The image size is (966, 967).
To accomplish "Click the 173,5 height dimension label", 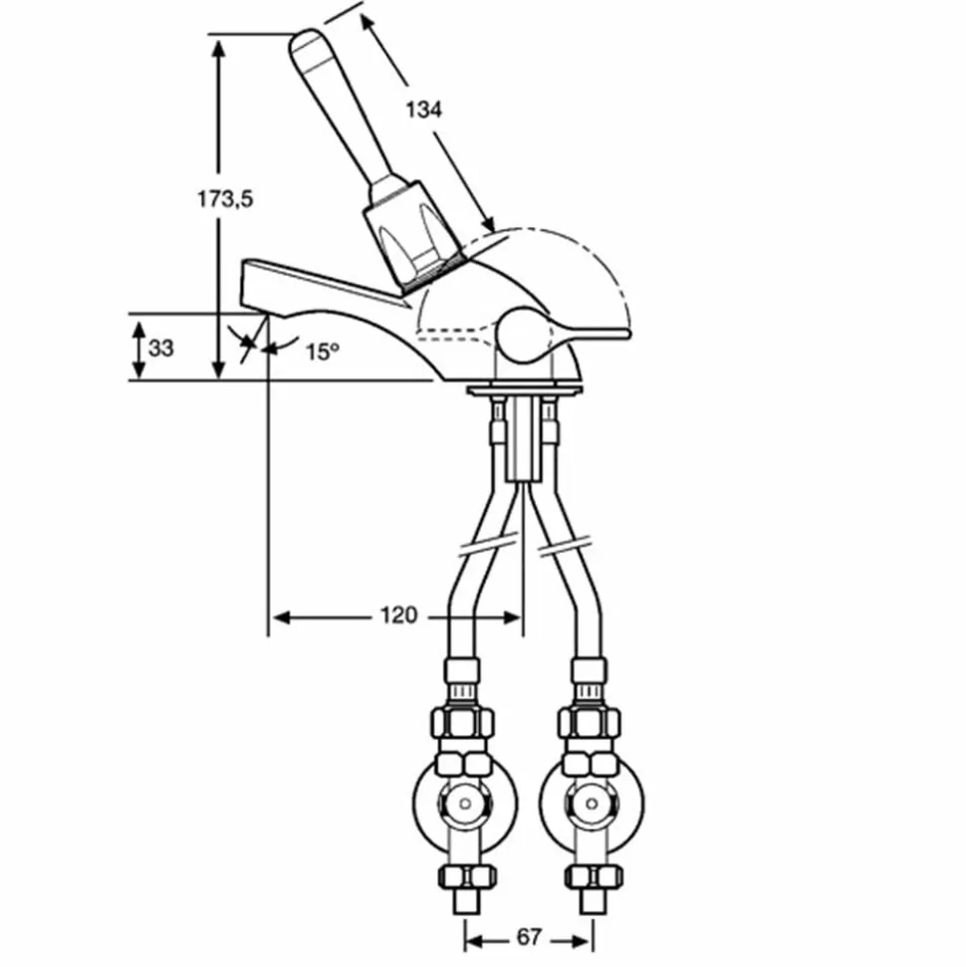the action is point(225,199).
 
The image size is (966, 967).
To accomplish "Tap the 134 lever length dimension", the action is point(424,110).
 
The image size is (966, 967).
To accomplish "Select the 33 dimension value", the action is point(161,349).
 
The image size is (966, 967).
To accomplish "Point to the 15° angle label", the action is point(322,353).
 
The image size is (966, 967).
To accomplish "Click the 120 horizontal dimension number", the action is point(398,615).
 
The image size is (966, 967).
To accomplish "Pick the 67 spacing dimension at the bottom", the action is point(529,937).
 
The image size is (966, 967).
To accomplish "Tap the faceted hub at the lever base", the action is point(412,237).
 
